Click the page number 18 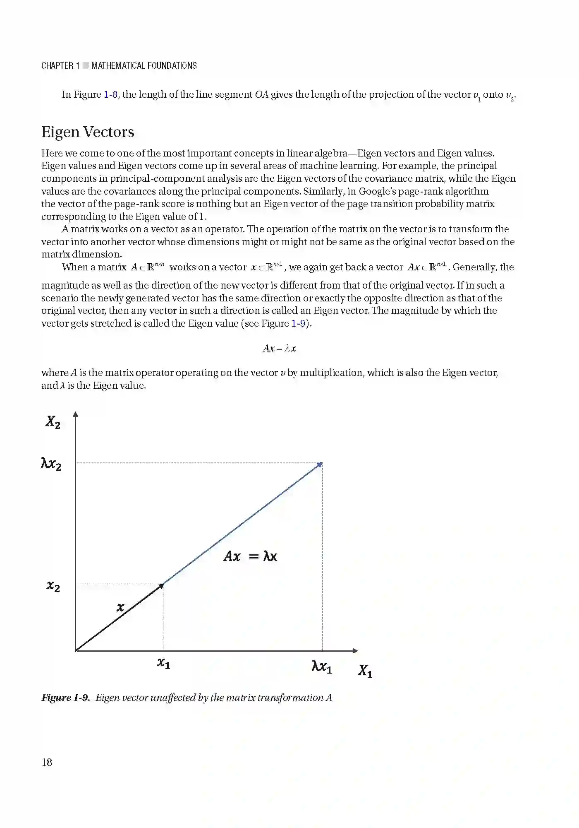(47, 762)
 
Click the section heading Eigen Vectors (88, 132)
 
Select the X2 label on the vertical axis (53, 422)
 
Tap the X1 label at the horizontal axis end (365, 671)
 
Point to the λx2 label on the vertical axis (51, 464)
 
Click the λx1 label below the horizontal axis (322, 667)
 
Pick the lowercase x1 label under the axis (164, 663)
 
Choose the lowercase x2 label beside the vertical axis (53, 586)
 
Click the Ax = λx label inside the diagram (250, 556)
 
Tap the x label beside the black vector (120, 608)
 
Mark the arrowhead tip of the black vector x (163, 585)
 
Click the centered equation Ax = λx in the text (280, 348)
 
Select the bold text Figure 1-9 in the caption (65, 698)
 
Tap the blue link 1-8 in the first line (111, 94)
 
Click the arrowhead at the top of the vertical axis (75, 414)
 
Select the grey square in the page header (86, 65)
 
